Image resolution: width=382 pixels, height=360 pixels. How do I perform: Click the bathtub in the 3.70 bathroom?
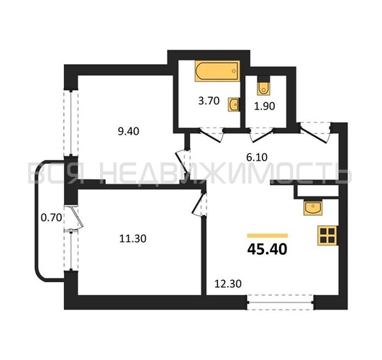click(x=217, y=71)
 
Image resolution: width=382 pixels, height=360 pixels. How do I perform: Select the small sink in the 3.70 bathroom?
click(x=234, y=104)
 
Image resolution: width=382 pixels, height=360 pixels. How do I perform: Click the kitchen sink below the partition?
click(x=313, y=208)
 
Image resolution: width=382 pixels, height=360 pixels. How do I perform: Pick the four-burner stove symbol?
click(x=327, y=235)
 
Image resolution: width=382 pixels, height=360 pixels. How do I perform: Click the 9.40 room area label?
click(x=128, y=132)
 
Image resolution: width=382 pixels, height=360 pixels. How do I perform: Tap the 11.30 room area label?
click(x=133, y=238)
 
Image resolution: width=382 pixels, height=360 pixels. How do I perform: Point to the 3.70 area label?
click(x=209, y=101)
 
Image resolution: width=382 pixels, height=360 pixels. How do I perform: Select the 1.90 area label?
click(x=265, y=106)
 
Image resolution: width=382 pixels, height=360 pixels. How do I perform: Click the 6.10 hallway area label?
click(x=257, y=157)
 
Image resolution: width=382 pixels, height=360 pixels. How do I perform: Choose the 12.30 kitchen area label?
click(x=228, y=284)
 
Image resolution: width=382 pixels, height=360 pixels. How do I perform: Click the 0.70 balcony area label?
click(x=51, y=217)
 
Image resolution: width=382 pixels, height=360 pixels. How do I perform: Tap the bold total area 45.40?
click(x=267, y=249)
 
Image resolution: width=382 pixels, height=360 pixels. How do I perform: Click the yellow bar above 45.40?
click(x=268, y=235)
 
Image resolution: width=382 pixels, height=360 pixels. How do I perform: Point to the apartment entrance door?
click(x=315, y=133)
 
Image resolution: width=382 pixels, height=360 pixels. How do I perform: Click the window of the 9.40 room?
click(x=71, y=123)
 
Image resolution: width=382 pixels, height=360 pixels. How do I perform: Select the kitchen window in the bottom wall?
click(x=281, y=302)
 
